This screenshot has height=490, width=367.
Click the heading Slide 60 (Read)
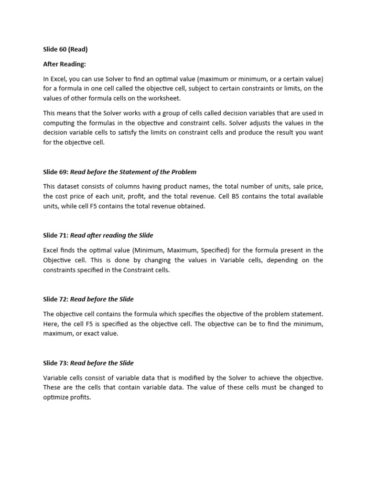click(x=66, y=49)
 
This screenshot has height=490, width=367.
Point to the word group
click(x=176, y=113)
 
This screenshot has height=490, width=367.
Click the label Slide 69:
click(x=55, y=172)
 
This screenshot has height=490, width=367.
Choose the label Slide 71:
click(x=55, y=235)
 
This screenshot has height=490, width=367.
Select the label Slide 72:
click(x=55, y=299)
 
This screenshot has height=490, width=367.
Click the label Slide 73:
click(x=55, y=363)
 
